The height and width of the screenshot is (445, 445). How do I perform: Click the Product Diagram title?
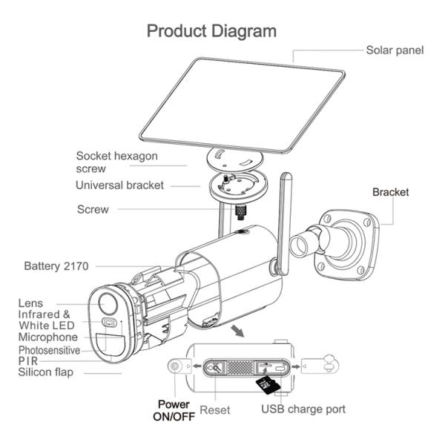click(x=211, y=31)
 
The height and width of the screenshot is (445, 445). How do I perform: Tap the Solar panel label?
click(x=395, y=50)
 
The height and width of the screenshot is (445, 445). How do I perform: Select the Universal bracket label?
click(x=119, y=185)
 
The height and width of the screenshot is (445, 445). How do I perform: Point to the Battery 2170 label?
click(x=56, y=266)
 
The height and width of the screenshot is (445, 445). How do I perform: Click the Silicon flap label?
click(x=46, y=372)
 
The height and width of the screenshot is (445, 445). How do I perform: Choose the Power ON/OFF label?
click(x=174, y=410)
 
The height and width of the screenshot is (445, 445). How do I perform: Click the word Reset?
click(x=215, y=410)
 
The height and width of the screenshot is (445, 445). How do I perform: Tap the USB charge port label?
click(x=303, y=409)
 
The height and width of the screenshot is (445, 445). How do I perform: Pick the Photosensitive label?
click(x=49, y=350)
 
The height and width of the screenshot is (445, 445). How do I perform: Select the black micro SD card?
click(x=268, y=385)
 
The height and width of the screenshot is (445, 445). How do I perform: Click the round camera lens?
click(x=108, y=303)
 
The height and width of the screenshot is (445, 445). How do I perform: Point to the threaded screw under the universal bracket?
click(x=240, y=212)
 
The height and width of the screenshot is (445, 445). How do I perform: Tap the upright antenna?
click(x=284, y=224)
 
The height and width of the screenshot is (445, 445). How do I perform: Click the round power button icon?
click(x=174, y=366)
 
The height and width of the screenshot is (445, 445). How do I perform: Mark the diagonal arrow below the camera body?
click(x=237, y=331)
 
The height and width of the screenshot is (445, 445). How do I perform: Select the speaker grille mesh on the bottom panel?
click(x=240, y=367)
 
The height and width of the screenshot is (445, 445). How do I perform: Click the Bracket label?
click(x=391, y=192)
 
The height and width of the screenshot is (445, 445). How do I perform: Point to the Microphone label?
click(x=48, y=337)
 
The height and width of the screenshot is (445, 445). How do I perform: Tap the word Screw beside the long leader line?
click(x=93, y=209)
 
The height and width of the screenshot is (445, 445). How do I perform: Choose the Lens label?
click(x=30, y=303)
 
